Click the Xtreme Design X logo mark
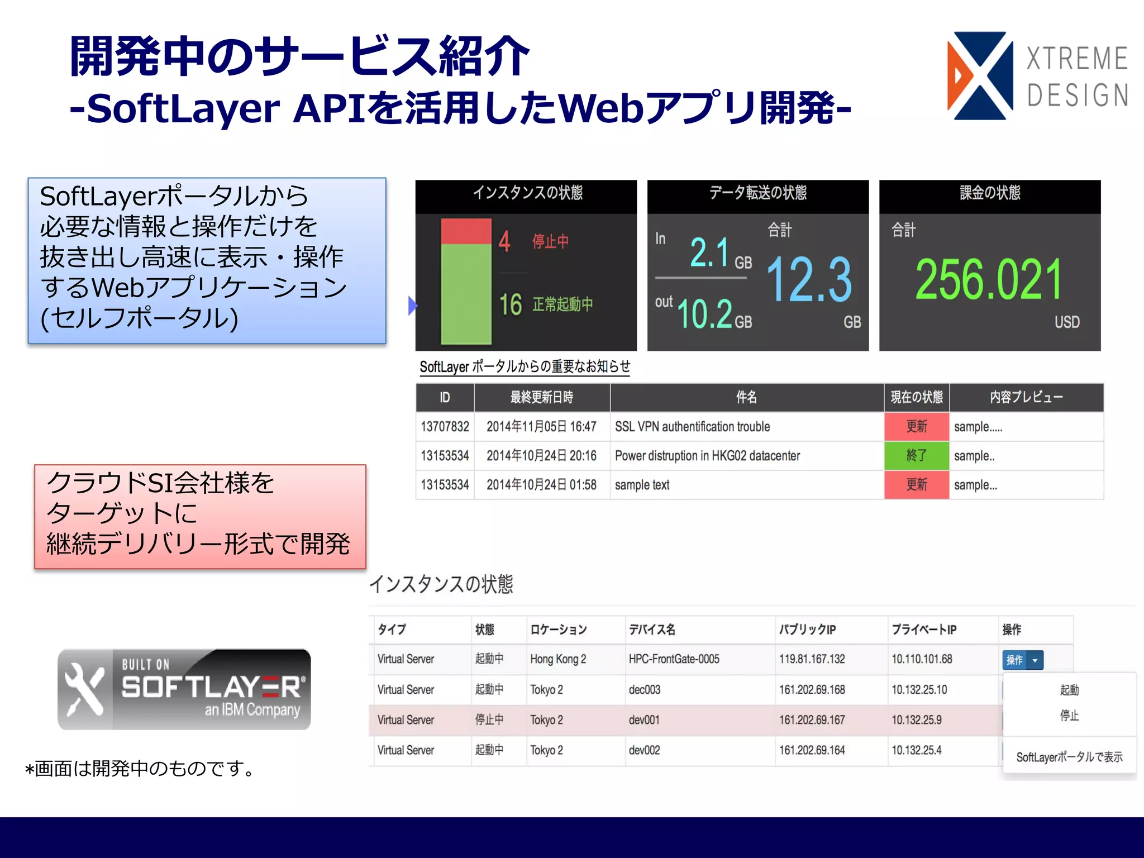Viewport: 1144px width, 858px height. click(x=980, y=76)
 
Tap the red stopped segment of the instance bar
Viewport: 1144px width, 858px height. click(x=466, y=231)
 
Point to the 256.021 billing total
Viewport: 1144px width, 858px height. click(x=988, y=279)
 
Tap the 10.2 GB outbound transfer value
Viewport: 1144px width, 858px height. click(x=705, y=313)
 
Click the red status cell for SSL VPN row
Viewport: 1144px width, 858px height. click(x=916, y=427)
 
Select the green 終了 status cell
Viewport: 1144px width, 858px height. click(x=916, y=456)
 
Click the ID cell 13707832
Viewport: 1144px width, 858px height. click(x=445, y=427)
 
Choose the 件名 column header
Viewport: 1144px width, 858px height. click(x=746, y=397)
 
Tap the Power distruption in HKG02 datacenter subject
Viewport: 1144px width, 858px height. click(x=707, y=456)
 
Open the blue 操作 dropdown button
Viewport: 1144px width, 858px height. click(x=1022, y=660)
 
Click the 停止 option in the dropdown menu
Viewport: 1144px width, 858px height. click(x=1069, y=716)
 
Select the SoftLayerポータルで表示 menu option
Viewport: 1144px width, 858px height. click(x=1069, y=757)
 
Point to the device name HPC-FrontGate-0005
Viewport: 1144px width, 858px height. click(x=674, y=659)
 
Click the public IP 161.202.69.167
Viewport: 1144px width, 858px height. click(x=812, y=720)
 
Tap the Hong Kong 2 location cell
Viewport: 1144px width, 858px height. click(x=558, y=659)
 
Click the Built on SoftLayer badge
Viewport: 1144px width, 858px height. click(x=184, y=689)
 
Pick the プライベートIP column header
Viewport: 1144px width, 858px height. click(x=924, y=630)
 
